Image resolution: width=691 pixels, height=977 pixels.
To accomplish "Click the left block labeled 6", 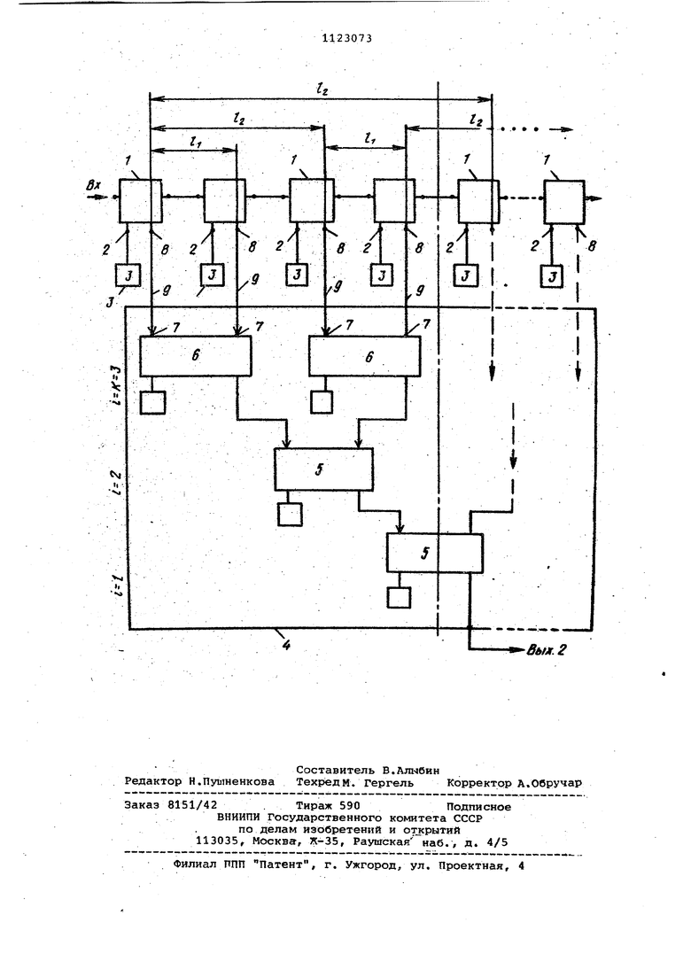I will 196,355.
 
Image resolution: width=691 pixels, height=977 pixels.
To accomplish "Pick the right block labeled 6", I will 369,355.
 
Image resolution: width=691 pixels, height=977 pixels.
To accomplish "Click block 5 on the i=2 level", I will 323,468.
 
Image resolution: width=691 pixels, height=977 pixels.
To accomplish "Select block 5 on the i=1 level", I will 434,553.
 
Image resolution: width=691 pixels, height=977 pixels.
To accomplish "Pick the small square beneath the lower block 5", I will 399,598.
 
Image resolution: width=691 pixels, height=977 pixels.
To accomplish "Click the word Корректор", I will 479,783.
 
